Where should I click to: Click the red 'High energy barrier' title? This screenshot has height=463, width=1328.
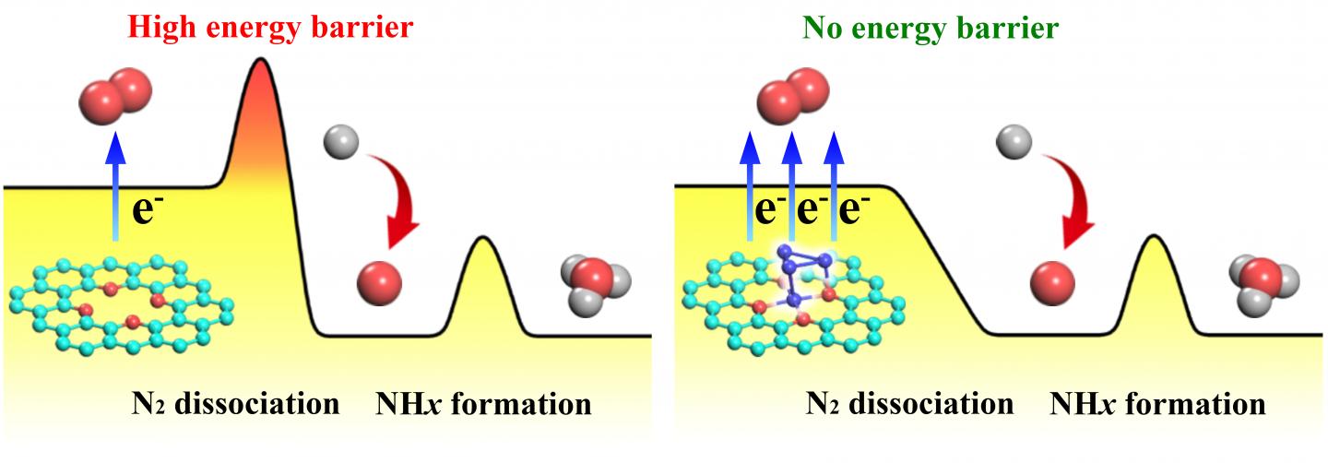270,27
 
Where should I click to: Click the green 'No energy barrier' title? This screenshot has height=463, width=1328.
930,29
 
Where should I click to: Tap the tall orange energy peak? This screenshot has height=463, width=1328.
261,120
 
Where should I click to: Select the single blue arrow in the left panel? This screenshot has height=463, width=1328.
114,184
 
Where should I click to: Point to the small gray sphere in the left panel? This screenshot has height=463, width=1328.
338,143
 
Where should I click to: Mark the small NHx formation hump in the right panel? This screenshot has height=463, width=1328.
1153,277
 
